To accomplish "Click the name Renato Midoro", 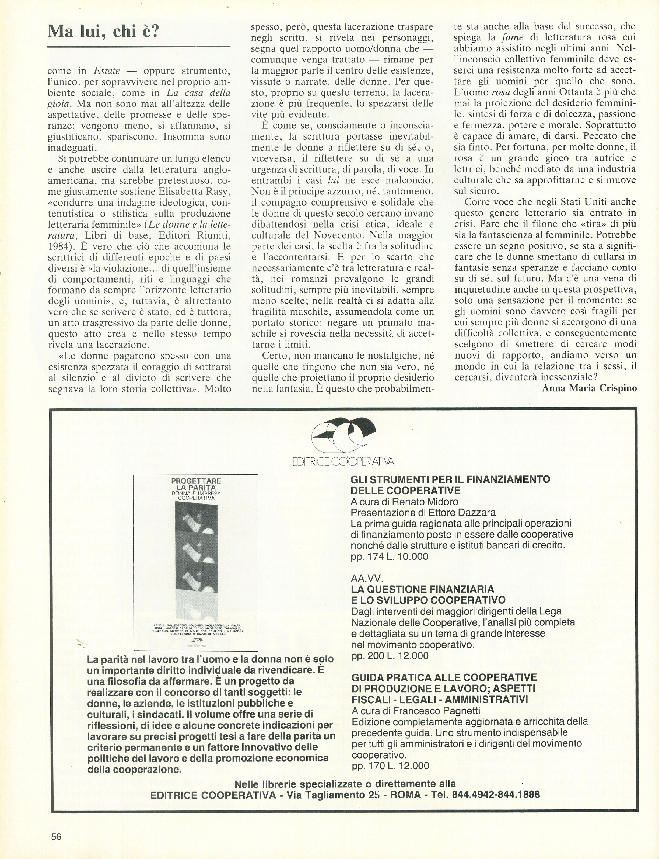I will pos(425,502).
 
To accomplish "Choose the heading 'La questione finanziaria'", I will pos(422,589).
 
